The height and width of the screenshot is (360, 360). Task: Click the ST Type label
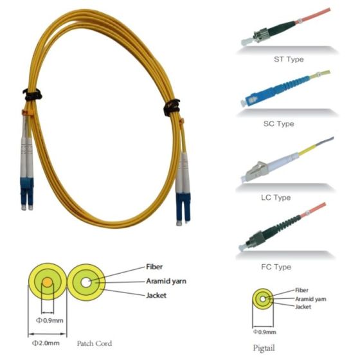289,59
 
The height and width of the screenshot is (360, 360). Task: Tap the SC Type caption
279,123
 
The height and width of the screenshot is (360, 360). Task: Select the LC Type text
276,197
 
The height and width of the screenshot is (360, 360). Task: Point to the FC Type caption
276,267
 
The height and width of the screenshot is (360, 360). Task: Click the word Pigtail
264,348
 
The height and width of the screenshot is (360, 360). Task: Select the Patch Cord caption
94,343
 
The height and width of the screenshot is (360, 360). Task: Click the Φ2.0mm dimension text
46,343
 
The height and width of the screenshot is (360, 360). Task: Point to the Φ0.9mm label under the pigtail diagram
264,332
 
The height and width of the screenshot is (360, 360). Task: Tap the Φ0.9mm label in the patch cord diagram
50,320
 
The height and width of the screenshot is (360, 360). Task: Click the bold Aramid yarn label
166,282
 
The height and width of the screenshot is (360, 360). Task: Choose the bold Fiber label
154,267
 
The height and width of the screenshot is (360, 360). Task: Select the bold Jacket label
156,295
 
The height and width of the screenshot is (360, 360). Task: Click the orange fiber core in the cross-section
48,282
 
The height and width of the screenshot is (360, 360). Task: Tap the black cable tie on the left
33,94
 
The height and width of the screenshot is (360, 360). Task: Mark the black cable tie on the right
172,107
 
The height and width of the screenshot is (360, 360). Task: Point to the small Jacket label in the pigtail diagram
303,307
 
